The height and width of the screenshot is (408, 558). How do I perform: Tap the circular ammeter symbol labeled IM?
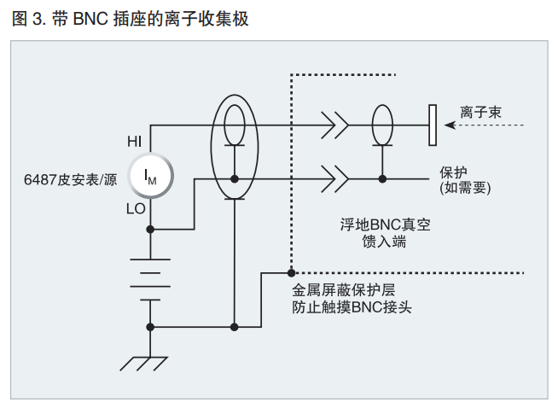click(151, 177)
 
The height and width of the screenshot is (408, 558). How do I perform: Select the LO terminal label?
click(135, 207)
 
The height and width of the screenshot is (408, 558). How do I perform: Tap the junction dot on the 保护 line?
click(382, 179)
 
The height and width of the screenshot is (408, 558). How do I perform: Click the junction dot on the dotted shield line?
click(291, 273)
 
